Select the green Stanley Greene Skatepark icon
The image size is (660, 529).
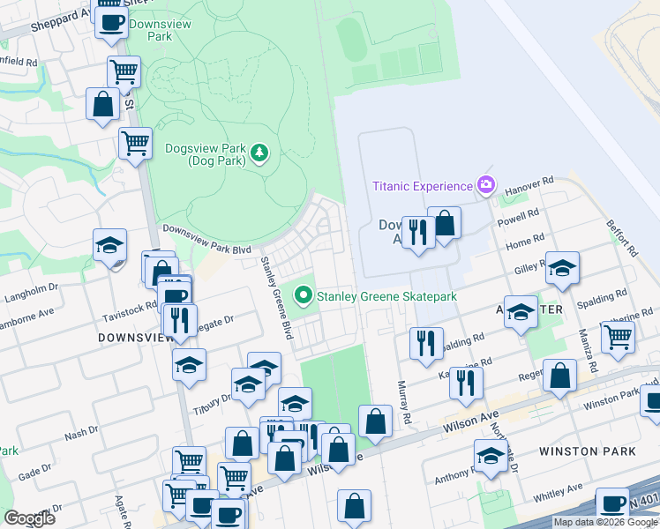coord(305,297)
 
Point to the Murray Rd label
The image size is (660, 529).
coord(405,402)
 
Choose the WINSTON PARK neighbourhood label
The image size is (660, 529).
coord(587,451)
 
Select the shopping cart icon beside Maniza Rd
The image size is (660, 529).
coord(618,335)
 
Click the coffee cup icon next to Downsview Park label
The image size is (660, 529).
coord(111,23)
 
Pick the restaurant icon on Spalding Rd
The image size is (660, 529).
coord(428,342)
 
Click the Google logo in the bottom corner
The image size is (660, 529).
coord(29,518)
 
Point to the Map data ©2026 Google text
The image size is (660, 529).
coord(605,522)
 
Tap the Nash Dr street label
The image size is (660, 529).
coord(81,433)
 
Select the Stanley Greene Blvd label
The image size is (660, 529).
coord(274,298)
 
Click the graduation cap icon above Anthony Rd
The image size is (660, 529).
coord(491,455)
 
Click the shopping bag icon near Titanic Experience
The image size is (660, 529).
coord(445,224)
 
